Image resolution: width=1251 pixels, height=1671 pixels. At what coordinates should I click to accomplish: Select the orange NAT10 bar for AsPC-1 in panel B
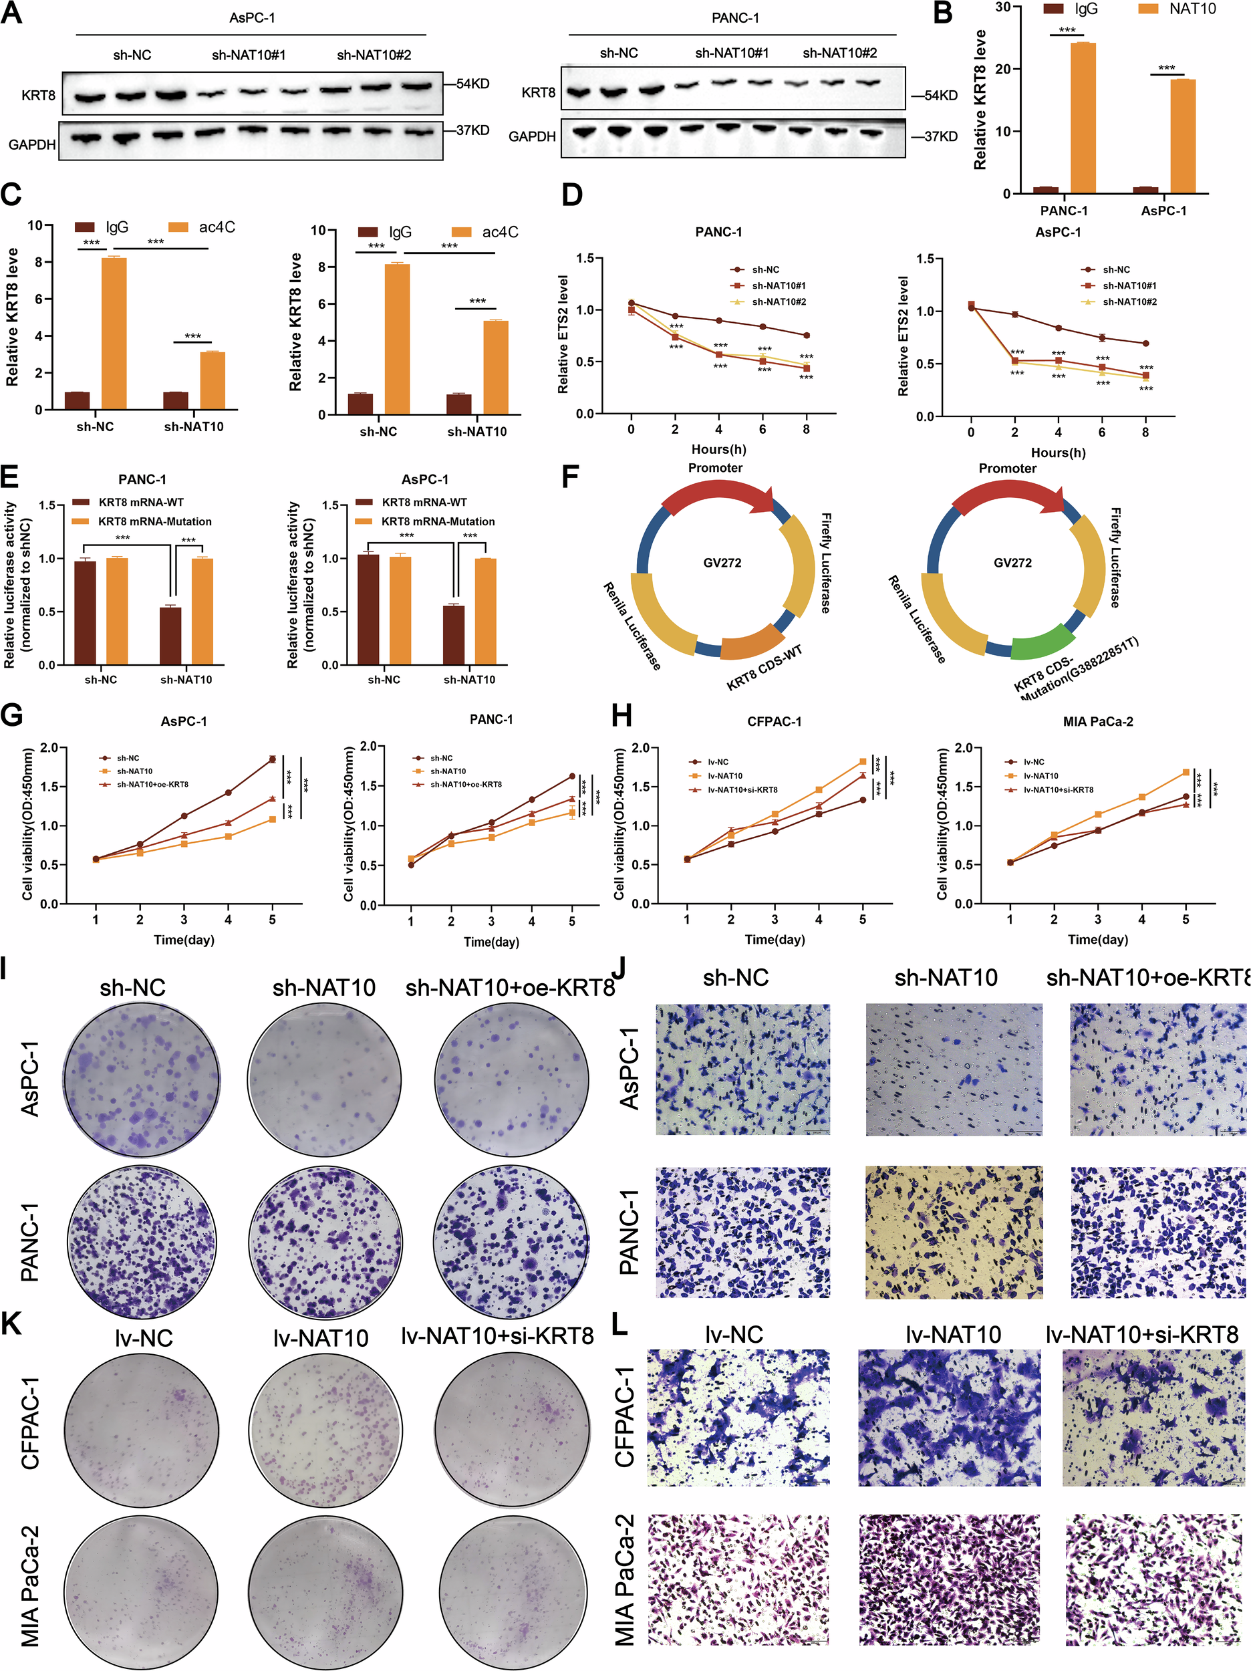pos(1182,136)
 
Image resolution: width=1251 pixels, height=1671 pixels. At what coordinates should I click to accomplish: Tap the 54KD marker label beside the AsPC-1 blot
pos(472,83)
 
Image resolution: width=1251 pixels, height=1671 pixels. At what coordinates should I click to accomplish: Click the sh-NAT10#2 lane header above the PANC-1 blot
pos(839,53)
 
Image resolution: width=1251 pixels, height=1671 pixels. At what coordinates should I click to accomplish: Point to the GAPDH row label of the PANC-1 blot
pos(532,137)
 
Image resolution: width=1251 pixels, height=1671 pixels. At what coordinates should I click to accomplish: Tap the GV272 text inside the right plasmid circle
pos(1012,563)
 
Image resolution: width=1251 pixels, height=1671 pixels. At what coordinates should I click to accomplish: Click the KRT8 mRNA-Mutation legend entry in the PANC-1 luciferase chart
pos(154,521)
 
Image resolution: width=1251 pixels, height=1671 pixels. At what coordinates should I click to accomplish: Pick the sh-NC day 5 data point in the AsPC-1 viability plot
pos(272,759)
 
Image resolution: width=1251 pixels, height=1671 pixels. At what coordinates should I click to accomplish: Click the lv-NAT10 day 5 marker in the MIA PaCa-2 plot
pos(1186,772)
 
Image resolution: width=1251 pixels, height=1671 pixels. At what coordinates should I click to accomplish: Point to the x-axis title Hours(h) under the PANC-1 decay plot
pos(718,449)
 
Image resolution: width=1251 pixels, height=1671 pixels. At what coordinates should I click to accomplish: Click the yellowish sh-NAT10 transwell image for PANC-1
pos(954,1232)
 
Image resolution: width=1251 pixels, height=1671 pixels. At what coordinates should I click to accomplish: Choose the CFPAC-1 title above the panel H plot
pos(774,721)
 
